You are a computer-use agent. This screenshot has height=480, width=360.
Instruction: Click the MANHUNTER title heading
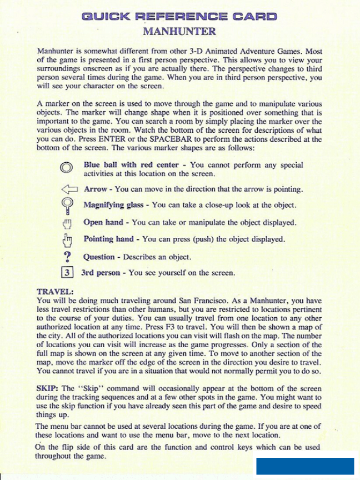(179, 31)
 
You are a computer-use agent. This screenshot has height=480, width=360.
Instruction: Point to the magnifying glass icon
(67, 207)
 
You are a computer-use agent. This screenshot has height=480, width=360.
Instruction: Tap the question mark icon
(68, 257)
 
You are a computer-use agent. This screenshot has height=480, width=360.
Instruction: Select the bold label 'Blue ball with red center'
(131, 165)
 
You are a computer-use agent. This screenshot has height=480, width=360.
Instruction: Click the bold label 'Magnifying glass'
(113, 205)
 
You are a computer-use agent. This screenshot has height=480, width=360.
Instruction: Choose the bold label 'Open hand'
(104, 222)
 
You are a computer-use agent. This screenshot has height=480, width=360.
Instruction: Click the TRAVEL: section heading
(55, 292)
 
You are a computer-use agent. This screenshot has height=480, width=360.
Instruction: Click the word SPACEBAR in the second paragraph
(190, 139)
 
